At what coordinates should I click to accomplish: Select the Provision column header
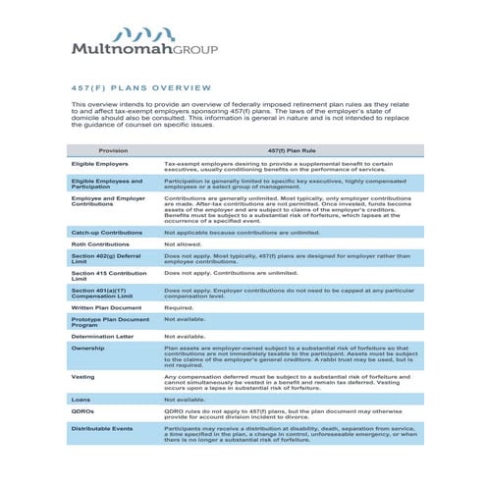[113, 150]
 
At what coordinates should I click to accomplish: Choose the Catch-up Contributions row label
[107, 233]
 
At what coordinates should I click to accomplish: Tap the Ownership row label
[87, 347]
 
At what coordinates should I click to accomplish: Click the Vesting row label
[83, 376]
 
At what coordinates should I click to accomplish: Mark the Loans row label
[81, 400]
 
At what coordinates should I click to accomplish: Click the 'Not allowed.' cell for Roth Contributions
[183, 243]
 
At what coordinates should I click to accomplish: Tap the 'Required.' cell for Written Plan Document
[179, 307]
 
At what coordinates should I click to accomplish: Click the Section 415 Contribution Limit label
[109, 275]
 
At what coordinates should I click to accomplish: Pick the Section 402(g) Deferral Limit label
[106, 258]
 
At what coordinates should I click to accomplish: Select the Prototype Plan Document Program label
[110, 321]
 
